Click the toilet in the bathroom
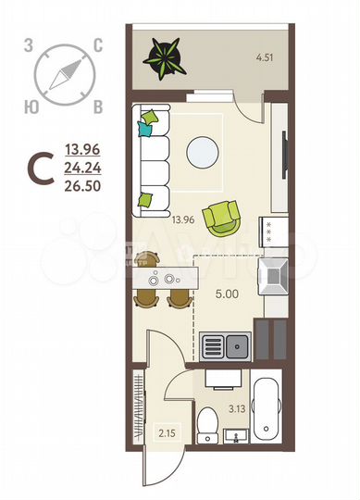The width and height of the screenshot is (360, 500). coord(207,425)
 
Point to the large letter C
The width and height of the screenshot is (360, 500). coord(40,169)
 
